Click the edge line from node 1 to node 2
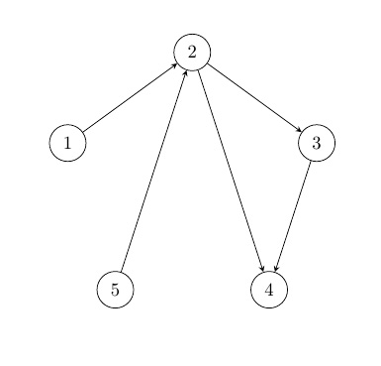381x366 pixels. tap(130, 97)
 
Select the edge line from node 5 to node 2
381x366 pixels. tap(153, 170)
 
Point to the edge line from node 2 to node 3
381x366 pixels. tap(254, 97)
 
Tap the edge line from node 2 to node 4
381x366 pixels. tap(231, 170)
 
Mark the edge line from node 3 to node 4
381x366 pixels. tap(293, 216)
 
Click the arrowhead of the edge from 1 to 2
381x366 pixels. tap(175, 64)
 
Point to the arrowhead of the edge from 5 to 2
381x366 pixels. tap(185, 71)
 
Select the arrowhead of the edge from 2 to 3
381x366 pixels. tap(299, 130)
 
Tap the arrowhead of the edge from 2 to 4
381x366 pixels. tap(262, 269)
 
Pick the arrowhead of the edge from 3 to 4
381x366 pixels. tap(276, 269)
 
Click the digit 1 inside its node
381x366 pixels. tap(67, 144)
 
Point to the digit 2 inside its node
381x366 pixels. tap(192, 51)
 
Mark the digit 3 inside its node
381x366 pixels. tap(317, 144)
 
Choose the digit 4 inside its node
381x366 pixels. tap(269, 290)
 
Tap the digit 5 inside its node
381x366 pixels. tap(115, 290)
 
